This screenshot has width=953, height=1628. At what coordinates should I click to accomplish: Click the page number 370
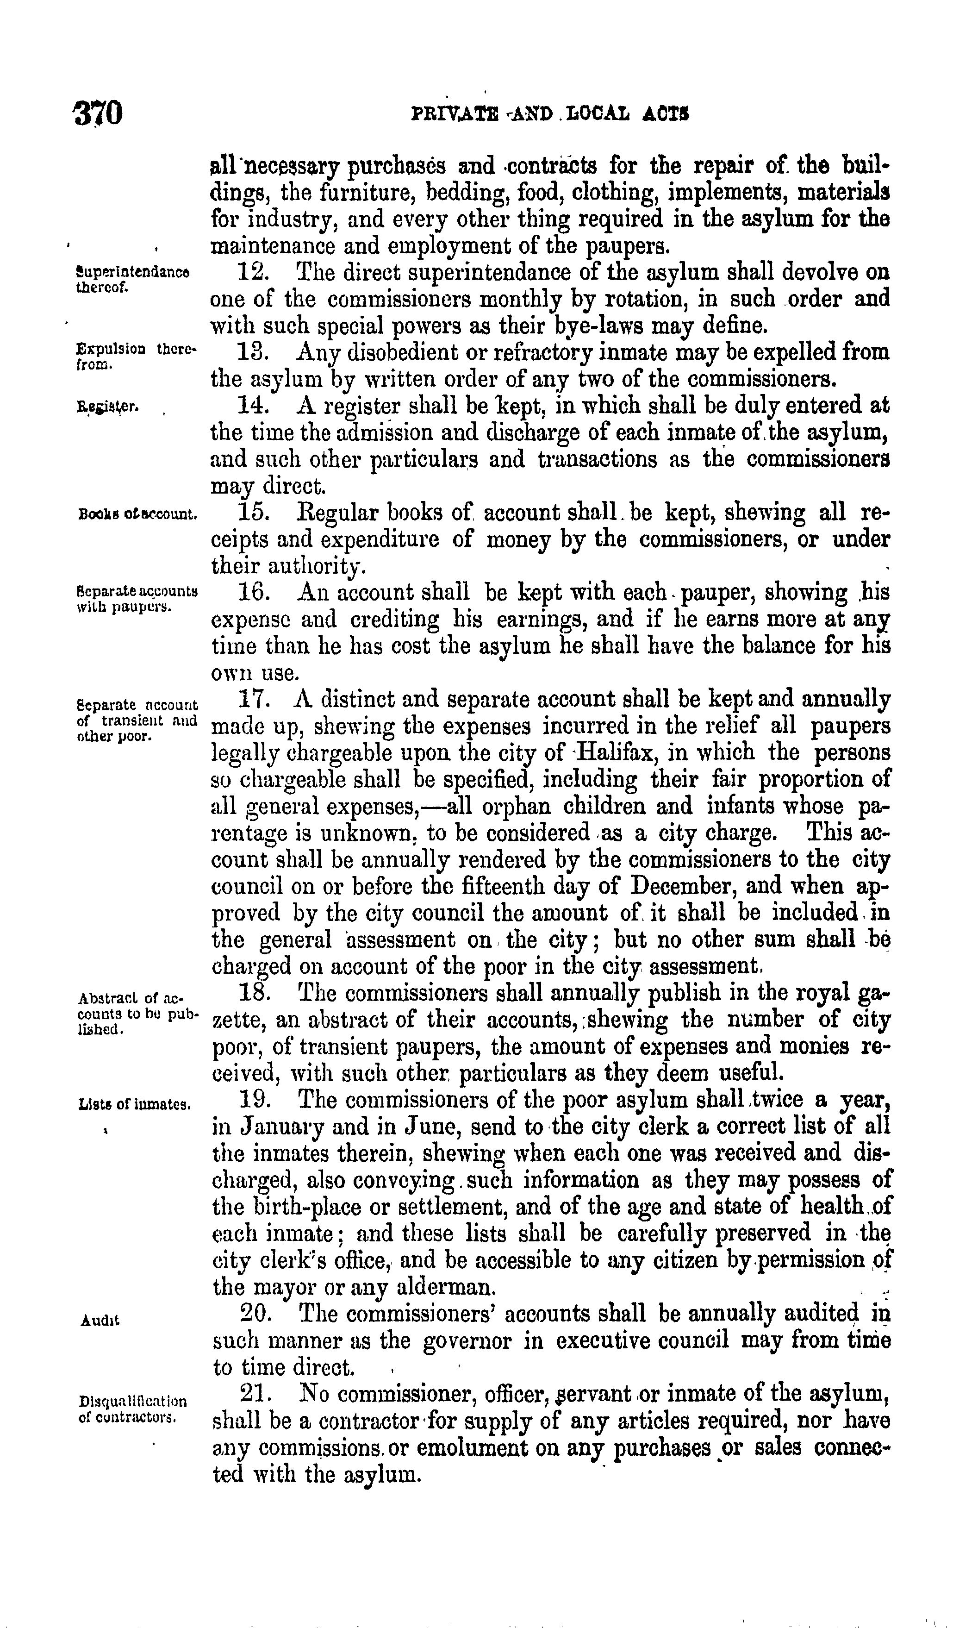[x=98, y=114]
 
